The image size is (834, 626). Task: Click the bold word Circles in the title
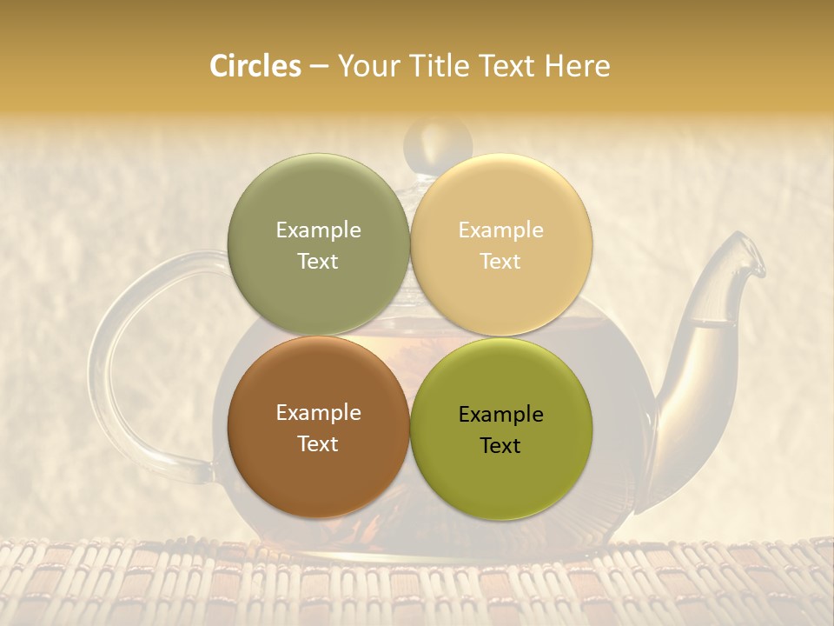point(255,66)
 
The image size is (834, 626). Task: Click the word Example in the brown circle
point(318,412)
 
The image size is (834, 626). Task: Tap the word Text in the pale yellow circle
point(500,261)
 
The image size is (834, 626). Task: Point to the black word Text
point(500,445)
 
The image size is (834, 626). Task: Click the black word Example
point(500,414)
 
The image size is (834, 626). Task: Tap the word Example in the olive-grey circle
point(318,230)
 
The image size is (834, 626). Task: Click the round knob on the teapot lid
point(438,138)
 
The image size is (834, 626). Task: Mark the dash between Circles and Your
point(318,66)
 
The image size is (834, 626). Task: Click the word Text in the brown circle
point(318,443)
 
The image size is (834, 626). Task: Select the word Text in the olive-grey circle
point(318,261)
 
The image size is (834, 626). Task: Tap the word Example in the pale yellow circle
point(500,230)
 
